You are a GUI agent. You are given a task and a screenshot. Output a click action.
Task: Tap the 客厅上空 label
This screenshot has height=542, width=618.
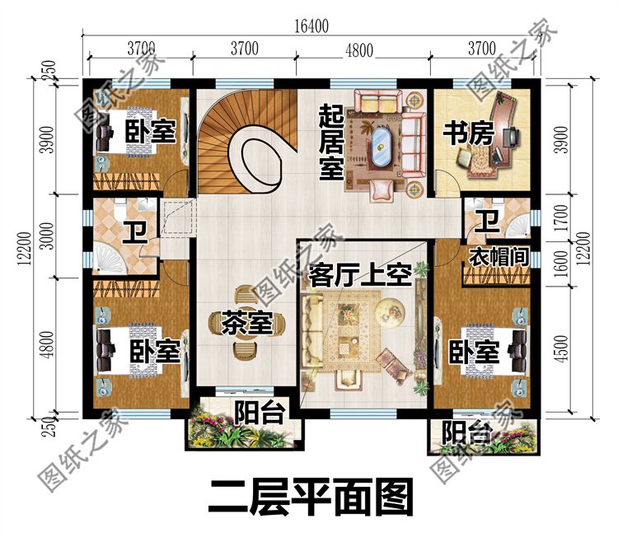pos(355,275)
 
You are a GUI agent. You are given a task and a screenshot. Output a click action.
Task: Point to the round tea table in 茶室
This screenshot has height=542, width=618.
pos(246,322)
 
